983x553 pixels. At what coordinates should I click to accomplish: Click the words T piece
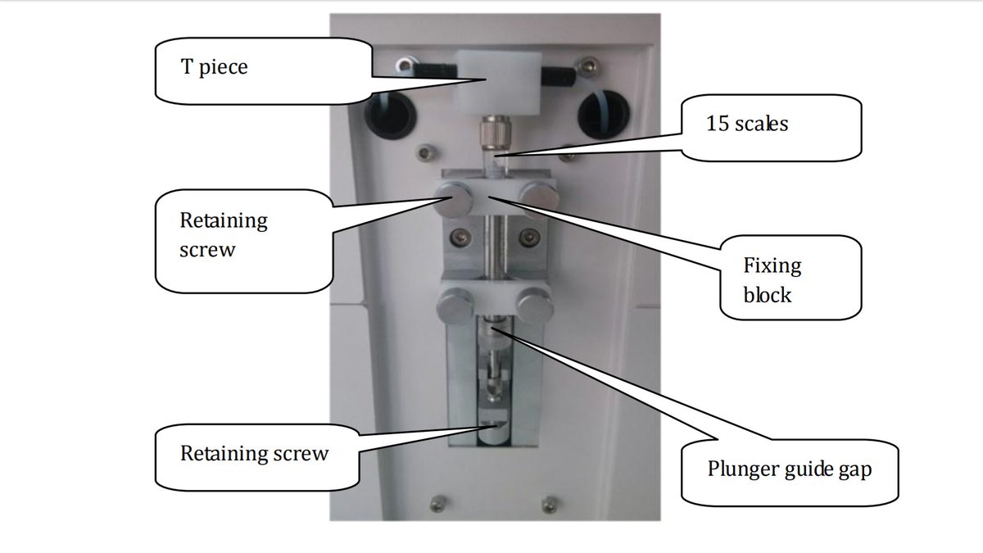[x=214, y=66]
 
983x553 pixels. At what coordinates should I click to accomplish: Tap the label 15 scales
[x=747, y=125]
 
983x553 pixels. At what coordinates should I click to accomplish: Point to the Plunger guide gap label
[x=790, y=470]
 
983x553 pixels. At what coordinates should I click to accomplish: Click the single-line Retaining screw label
[x=254, y=453]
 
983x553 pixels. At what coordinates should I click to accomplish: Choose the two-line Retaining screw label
[x=223, y=235]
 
